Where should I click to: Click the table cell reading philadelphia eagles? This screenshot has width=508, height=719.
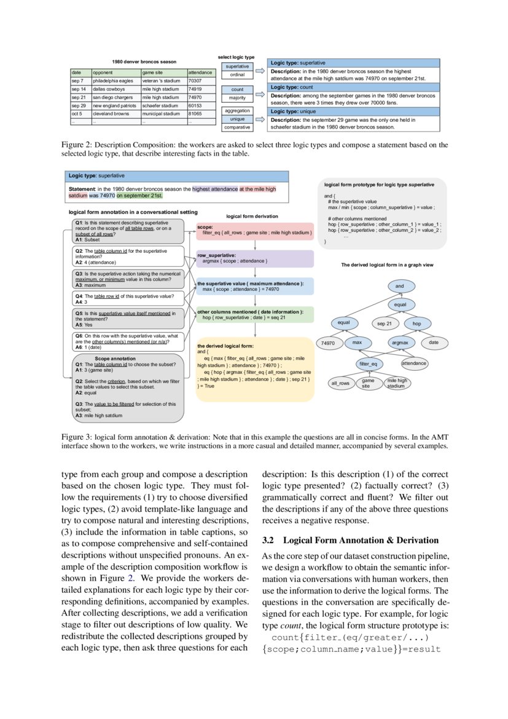(x=113, y=81)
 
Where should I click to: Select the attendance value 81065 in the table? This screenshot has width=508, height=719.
(x=195, y=114)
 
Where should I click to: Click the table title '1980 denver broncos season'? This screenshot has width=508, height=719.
(x=144, y=62)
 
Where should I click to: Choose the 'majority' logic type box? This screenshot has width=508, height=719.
(x=237, y=98)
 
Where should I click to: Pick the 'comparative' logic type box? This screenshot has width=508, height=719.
(x=237, y=127)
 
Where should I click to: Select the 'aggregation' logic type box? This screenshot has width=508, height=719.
(x=237, y=110)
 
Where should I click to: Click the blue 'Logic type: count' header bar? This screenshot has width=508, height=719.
(x=354, y=88)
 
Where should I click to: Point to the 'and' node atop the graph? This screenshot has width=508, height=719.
(x=400, y=286)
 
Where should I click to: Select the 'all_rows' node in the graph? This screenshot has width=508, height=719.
(x=340, y=383)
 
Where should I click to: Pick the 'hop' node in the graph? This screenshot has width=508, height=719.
(x=417, y=323)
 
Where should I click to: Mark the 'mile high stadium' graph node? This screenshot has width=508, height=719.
(x=396, y=383)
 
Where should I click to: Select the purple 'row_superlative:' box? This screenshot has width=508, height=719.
(x=255, y=258)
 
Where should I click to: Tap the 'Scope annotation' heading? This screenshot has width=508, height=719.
(x=119, y=358)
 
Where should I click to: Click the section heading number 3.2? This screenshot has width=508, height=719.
(x=267, y=541)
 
